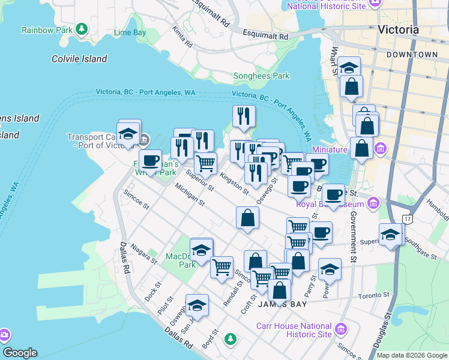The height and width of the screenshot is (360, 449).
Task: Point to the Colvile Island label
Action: click(x=79, y=59)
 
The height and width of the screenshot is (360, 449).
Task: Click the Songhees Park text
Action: click(x=261, y=76)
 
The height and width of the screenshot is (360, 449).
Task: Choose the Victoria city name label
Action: click(x=399, y=29)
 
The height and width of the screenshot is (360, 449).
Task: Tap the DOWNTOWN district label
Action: click(x=412, y=55)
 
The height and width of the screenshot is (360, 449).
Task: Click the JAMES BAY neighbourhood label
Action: click(x=282, y=304)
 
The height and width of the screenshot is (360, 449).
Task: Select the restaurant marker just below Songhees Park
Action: click(x=244, y=116)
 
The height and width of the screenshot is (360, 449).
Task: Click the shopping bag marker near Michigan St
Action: click(x=247, y=218)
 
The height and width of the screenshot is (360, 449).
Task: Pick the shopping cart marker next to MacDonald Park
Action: click(x=221, y=267)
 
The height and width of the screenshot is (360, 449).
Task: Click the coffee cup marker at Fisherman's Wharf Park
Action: click(x=150, y=161)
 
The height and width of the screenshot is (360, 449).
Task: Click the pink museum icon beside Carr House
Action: click(x=342, y=328)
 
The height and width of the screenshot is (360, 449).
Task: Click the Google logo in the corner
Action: click(x=20, y=353)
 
